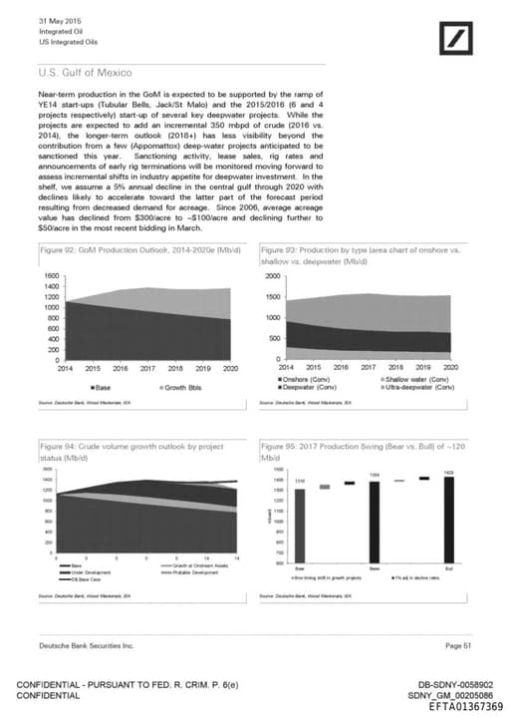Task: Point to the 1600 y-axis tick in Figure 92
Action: tap(47, 274)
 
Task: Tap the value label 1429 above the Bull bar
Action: tap(448, 471)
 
